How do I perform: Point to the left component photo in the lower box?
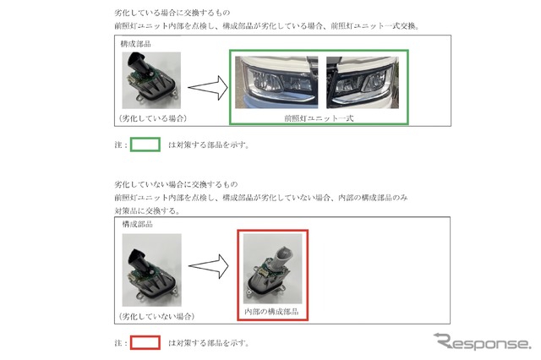pos(150,270)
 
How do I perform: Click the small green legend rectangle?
pos(145,144)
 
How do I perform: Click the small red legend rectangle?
pos(145,343)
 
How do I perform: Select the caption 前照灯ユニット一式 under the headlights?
pos(319,119)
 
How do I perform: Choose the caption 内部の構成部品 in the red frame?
pos(272,311)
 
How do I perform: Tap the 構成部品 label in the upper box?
pos(138,42)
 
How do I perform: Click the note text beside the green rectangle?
pos(208,145)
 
